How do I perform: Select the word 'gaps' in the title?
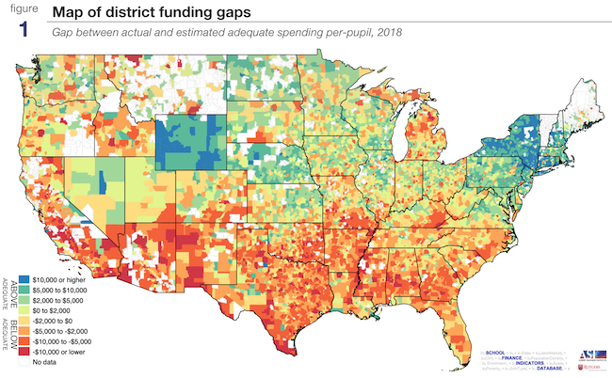click(229, 12)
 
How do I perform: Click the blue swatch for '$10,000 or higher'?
click(24, 280)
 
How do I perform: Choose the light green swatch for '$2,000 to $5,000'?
click(24, 303)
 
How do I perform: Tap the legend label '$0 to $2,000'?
click(53, 314)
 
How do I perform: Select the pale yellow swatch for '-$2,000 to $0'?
click(24, 325)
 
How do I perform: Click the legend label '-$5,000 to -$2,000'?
click(62, 337)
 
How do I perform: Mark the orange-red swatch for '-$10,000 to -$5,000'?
click(24, 348)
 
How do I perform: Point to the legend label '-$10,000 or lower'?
click(60, 358)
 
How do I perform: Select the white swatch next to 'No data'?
click(24, 370)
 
